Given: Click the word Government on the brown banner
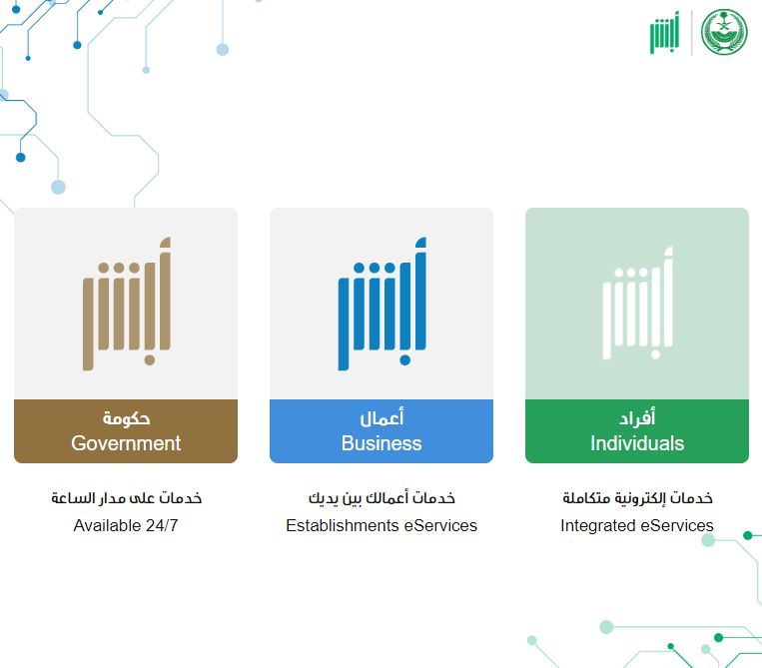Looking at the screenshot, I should pos(126,443).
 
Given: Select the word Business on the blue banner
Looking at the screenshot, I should pos(381,443).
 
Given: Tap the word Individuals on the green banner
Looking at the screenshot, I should pos(637,443).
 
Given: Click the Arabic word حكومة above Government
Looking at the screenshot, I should pos(126,417).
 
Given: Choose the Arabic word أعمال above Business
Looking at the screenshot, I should pos(381,417).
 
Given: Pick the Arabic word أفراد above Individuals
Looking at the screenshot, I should pos(637,417).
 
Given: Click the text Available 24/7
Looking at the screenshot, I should pos(126,525).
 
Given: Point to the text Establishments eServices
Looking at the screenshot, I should pos(381,525).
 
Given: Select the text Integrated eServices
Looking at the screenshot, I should pos(637,525).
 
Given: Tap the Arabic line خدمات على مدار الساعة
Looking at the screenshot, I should pos(126,497).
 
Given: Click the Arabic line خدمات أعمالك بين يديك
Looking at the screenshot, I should pos(381,497).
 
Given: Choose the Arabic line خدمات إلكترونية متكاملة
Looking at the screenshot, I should pos(637,497).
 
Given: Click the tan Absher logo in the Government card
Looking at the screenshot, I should pos(126,304).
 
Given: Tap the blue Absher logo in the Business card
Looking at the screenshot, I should pos(381,304).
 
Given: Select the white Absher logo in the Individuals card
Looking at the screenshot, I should pos(637,304).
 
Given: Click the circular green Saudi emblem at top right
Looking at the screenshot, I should pos(724,33).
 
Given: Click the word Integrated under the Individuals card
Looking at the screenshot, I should pos(597,525).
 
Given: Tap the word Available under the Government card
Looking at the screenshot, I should pos(106,525).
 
